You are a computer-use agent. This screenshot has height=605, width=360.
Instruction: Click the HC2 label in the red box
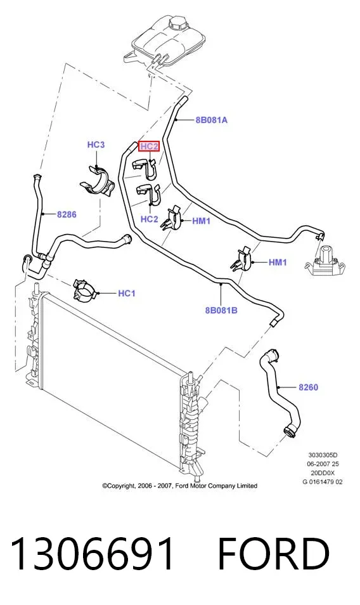[149, 146]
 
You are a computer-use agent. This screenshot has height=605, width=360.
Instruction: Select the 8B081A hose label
[211, 120]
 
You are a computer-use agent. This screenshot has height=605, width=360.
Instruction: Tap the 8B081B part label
[221, 310]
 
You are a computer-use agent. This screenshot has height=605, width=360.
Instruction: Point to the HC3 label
[96, 145]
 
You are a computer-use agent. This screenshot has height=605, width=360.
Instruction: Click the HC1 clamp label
[126, 294]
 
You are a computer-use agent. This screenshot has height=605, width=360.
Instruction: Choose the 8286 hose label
[67, 214]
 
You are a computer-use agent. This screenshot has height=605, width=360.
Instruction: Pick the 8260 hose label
[309, 387]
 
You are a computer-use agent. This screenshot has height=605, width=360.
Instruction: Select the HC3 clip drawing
[97, 182]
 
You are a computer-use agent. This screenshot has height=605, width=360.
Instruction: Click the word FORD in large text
[274, 554]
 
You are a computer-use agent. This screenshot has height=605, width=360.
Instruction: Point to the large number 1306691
[92, 554]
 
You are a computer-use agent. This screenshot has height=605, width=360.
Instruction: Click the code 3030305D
[323, 455]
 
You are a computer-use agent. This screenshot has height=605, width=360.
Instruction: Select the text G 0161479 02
[322, 481]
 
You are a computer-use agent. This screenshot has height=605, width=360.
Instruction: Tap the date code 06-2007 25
[323, 464]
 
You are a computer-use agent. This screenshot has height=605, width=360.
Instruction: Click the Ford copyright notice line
[179, 486]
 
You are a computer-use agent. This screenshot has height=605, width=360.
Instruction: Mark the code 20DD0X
[323, 472]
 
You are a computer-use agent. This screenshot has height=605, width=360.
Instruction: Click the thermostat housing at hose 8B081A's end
[325, 261]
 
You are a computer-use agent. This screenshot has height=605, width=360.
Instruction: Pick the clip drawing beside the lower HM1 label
[241, 259]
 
